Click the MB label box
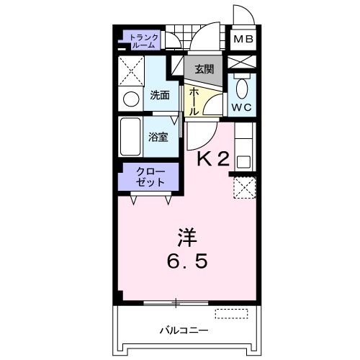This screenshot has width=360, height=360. click(241, 40)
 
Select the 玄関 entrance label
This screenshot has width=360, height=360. click(204, 69)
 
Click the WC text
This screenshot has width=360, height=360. click(241, 108)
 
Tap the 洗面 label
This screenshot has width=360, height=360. click(160, 95)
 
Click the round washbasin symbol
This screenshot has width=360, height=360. click(132, 98)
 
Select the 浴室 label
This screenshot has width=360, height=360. click(158, 136)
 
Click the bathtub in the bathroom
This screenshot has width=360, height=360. click(132, 136)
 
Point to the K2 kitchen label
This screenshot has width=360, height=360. click(214, 161)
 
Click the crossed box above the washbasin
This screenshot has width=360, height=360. click(132, 71)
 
